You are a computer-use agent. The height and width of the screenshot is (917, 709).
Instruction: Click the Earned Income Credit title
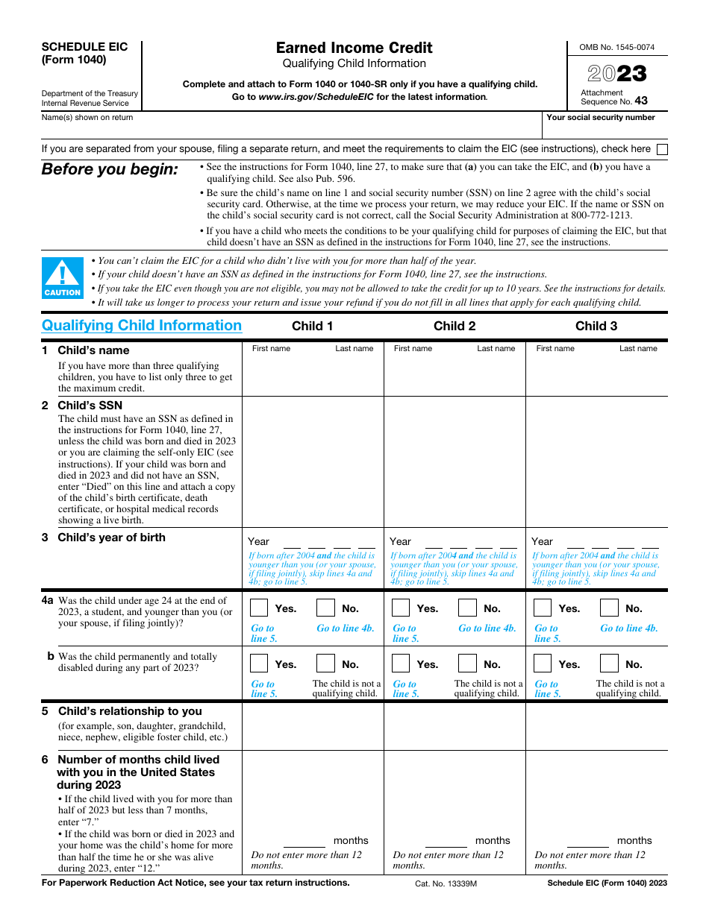coord(354,48)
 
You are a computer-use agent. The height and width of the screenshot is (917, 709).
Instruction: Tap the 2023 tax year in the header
coord(616,73)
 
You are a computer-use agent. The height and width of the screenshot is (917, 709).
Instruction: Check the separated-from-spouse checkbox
coord(662,149)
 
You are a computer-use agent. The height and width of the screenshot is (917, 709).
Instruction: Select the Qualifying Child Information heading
coord(142,326)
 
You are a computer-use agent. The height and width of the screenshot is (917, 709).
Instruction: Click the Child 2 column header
coord(454,326)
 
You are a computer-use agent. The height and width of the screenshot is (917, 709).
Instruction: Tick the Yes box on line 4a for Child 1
coord(259,608)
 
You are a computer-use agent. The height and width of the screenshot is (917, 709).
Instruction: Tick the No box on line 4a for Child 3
coord(609,608)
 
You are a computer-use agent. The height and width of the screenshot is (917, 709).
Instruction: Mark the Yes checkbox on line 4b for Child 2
coord(401,664)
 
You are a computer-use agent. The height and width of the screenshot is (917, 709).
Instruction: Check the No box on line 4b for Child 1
coord(325,664)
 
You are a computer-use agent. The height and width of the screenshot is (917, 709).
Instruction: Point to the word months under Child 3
coord(634,840)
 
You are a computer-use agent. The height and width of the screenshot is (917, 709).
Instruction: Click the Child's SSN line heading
coord(90,406)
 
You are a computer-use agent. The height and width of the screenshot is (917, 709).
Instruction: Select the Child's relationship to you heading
coord(130,711)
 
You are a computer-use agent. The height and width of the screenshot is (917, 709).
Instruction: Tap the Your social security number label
coord(601,117)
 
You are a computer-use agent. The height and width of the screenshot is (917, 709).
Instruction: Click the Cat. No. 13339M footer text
coord(446,883)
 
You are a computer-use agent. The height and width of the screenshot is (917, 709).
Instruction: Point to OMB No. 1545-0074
coord(616,47)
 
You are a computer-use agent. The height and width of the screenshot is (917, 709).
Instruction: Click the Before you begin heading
coord(110,169)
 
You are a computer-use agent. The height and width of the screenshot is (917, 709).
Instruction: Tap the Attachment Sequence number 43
coord(641,101)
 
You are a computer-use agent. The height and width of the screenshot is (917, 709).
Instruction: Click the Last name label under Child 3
coord(638,348)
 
